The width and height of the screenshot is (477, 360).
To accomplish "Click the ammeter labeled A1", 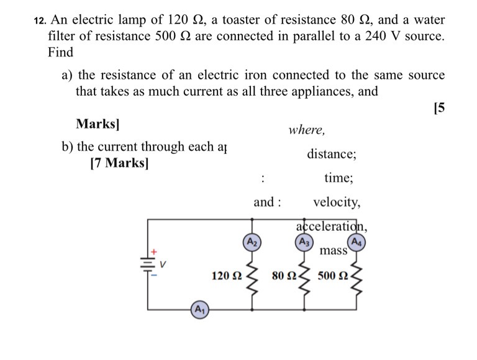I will (199, 308).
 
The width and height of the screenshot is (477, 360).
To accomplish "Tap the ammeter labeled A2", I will (252, 241).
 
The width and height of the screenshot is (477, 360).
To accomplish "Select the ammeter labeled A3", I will (304, 241).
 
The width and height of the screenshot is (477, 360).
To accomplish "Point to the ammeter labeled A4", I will (357, 241).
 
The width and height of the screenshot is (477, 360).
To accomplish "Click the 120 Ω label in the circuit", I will (226, 276).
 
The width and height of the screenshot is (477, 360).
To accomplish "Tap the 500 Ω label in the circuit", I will (332, 276).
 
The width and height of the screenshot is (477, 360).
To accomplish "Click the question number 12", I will (39, 20).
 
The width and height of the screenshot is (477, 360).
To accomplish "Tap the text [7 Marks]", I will (119, 164).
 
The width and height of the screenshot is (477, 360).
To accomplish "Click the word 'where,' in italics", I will (307, 130).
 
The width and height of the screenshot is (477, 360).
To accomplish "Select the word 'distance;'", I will (331, 154).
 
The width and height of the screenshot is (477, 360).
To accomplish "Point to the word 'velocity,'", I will (336, 202).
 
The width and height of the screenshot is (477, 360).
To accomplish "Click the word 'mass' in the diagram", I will (333, 251).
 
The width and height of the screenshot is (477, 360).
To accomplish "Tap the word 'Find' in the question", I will (60, 52).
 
